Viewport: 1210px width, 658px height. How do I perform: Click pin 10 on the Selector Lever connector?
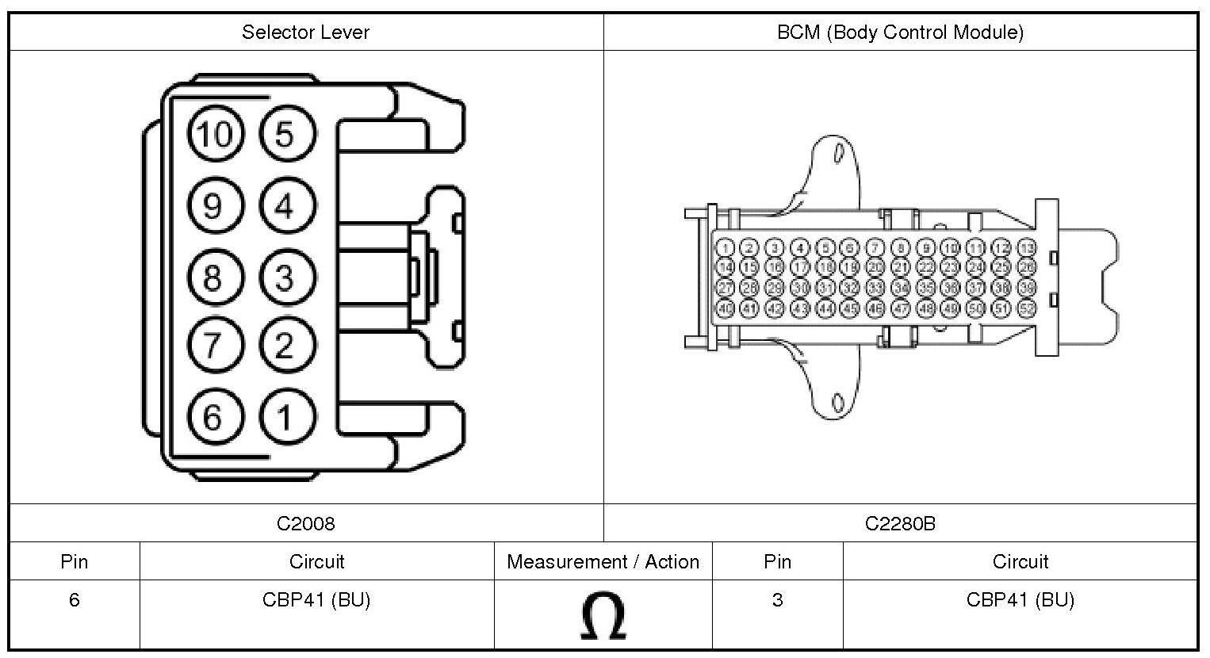213,134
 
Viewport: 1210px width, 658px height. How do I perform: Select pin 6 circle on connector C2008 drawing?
213,416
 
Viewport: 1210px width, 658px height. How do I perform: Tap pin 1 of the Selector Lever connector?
284,416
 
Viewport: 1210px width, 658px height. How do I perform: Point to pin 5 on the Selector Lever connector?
285,134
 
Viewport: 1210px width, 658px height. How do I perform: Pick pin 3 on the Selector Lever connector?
285,277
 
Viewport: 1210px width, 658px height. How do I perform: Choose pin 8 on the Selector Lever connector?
213,277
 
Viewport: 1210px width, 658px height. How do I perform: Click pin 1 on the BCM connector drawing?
725,248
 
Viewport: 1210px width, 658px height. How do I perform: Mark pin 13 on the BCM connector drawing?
1027,248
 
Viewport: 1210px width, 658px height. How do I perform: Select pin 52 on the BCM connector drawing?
1027,308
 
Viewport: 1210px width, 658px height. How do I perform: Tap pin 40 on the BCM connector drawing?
725,308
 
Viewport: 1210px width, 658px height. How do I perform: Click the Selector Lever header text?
305,33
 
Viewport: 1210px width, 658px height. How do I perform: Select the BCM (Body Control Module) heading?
900,33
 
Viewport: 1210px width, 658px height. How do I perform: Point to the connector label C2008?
305,523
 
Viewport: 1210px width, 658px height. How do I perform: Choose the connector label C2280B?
900,523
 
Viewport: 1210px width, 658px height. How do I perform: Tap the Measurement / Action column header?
603,562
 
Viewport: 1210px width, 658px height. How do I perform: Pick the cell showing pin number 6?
75,600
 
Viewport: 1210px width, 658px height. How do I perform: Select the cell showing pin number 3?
777,600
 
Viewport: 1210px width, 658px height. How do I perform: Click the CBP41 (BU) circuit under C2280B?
1020,600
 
